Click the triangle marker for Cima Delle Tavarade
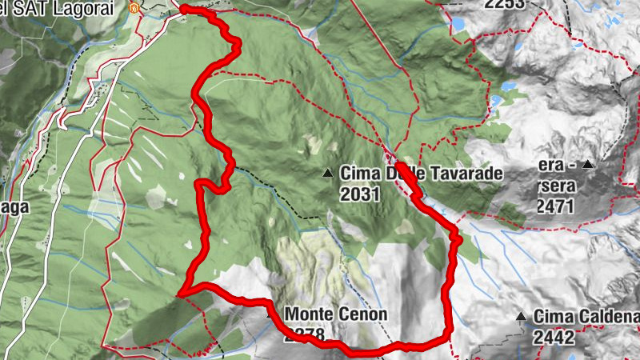tap(327, 173)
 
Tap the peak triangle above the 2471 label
tap(588, 164)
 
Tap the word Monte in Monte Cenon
tap(308, 314)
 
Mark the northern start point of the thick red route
tap(183, 9)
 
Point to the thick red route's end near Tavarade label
tap(398, 165)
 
